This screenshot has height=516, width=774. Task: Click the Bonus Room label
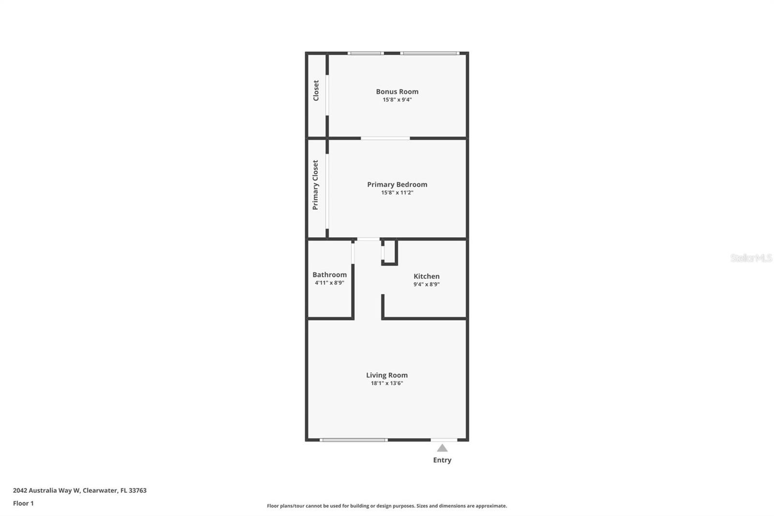397,91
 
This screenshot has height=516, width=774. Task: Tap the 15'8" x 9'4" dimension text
397,100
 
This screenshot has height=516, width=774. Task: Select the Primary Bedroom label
397,184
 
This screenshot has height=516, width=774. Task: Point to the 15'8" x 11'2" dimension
397,193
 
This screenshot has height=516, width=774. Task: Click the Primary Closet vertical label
315,185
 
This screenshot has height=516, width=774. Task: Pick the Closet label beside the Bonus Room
316,91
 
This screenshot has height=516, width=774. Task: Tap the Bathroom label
329,274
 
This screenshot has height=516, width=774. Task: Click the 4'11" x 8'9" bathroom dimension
329,283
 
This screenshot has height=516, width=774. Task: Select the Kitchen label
426,276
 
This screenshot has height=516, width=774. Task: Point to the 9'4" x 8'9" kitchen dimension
426,285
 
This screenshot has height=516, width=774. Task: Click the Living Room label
387,375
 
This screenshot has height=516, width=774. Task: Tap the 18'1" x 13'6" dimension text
387,383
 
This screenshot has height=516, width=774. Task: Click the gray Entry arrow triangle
442,448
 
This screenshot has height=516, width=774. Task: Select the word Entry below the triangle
442,460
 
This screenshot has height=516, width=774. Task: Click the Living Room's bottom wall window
354,440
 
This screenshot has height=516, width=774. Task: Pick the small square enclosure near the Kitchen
389,252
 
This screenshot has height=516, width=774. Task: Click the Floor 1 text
23,503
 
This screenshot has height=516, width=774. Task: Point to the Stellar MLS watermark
751,258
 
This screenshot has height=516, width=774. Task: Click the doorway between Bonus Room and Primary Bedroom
385,138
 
